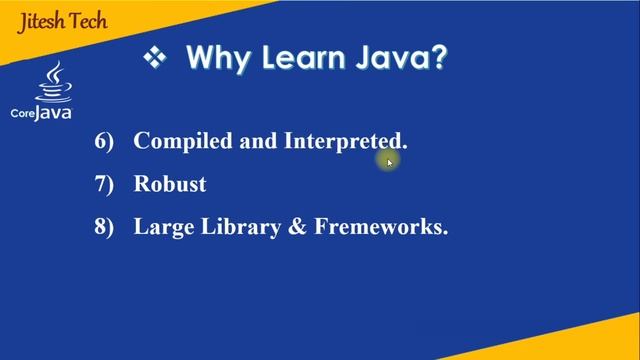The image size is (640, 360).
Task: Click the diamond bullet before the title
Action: [x=154, y=58]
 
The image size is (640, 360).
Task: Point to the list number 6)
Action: [x=105, y=141]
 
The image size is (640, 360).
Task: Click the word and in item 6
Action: [x=259, y=141]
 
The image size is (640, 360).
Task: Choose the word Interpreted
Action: [x=344, y=141]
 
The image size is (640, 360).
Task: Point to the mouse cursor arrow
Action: [x=389, y=161]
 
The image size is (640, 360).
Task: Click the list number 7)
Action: [x=105, y=184]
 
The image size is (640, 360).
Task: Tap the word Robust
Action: [x=170, y=184]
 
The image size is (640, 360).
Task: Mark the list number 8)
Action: [x=105, y=227]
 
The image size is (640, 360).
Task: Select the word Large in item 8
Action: [x=161, y=227]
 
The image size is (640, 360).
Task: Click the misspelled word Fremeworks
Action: [x=380, y=227]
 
